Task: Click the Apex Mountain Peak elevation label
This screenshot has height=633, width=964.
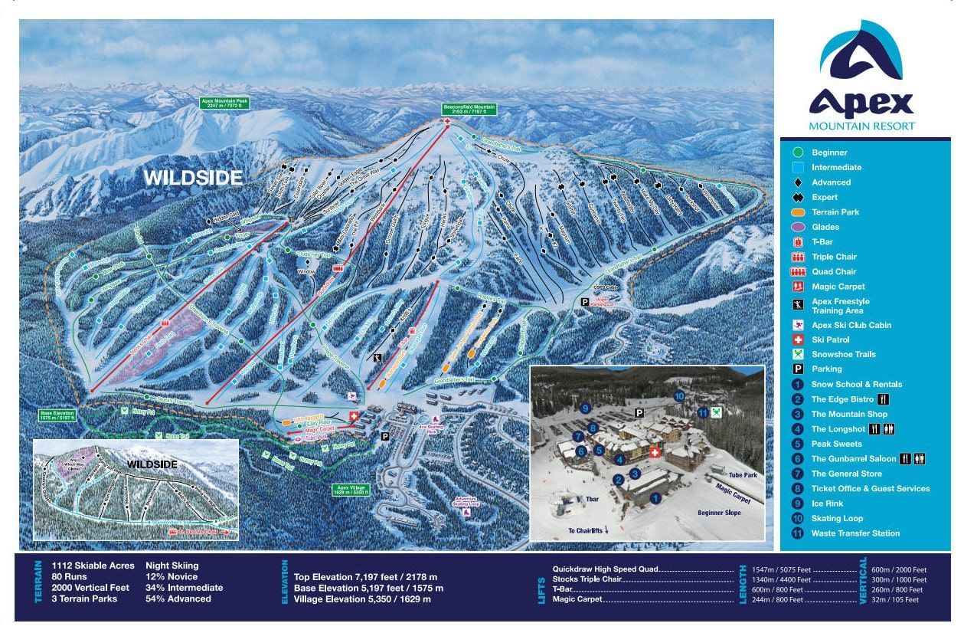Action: tap(226, 103)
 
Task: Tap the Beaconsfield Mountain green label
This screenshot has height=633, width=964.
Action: tap(469, 110)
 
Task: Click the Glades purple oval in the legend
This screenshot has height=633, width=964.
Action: tap(798, 227)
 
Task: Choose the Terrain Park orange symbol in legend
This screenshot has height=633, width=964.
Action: tap(798, 212)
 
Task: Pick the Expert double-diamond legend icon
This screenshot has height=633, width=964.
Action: tap(798, 197)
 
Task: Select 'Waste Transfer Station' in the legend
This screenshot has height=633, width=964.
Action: tap(855, 533)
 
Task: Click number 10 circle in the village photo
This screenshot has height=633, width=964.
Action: tap(678, 396)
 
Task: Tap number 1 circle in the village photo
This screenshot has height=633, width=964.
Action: tap(655, 497)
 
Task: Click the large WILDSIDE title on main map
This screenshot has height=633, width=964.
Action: tap(193, 178)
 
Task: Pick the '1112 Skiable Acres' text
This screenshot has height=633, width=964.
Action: tap(93, 566)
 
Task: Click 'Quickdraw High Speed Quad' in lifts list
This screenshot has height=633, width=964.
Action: tap(605, 570)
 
